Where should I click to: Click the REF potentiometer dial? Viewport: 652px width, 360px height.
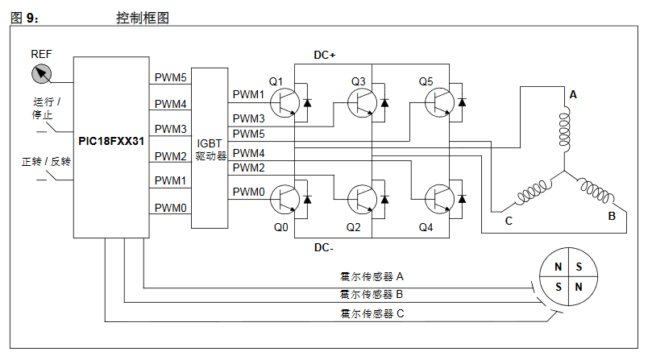[41, 75]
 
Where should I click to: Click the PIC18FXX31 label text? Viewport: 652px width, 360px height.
[111, 141]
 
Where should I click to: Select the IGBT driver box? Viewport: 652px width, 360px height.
[210, 149]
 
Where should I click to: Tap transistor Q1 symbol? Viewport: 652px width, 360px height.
[284, 102]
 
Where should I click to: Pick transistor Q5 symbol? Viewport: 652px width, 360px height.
[439, 102]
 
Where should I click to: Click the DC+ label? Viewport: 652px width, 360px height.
[324, 55]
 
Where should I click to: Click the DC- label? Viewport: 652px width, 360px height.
[324, 247]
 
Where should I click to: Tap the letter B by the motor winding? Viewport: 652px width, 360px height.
[611, 217]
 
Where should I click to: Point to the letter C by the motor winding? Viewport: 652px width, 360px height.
[509, 221]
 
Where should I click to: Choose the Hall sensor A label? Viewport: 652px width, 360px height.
[372, 276]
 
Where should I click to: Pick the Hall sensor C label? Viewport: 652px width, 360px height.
[372, 313]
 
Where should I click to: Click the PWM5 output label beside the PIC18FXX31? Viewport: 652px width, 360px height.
[170, 78]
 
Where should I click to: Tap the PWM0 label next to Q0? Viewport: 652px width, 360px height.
[248, 192]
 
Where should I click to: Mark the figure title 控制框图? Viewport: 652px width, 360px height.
[143, 17]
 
